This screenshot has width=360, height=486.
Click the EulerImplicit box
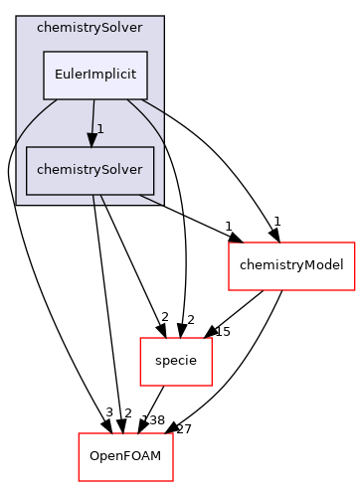(x=94, y=75)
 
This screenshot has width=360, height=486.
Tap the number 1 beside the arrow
(x=100, y=129)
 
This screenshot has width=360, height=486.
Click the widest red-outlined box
(x=291, y=265)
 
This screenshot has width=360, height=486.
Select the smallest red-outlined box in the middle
(x=175, y=361)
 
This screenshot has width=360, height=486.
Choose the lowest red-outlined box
(x=125, y=457)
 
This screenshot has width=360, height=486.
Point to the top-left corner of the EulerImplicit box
(x=42, y=52)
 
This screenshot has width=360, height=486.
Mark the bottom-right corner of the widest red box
(x=355, y=289)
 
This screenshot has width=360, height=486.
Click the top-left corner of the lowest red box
(x=79, y=433)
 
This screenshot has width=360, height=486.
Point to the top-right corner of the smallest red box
(x=212, y=338)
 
